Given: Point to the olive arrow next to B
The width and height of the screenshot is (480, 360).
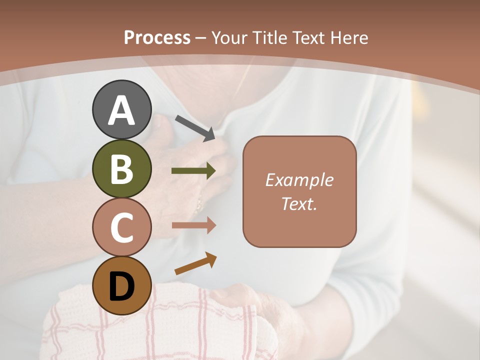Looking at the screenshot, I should coord(194,171).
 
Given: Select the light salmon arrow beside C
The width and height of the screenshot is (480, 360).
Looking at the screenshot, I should coord(194,225).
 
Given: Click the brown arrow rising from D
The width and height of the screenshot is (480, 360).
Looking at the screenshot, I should coord(195,264).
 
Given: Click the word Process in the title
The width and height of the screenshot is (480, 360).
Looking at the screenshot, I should coord(157,37).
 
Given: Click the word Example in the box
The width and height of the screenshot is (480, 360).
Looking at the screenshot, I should coord(299,180).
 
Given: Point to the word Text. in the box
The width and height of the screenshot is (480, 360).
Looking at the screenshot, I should coord(299,203).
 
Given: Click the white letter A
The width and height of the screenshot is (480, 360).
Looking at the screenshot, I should coord(122,110).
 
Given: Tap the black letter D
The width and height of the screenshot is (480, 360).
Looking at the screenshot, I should coord(122,286).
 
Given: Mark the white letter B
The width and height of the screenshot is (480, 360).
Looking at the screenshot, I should coord(122,169).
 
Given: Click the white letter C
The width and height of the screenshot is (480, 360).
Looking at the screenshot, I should coord(122,227).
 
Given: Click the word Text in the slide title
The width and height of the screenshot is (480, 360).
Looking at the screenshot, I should coord(307,37).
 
